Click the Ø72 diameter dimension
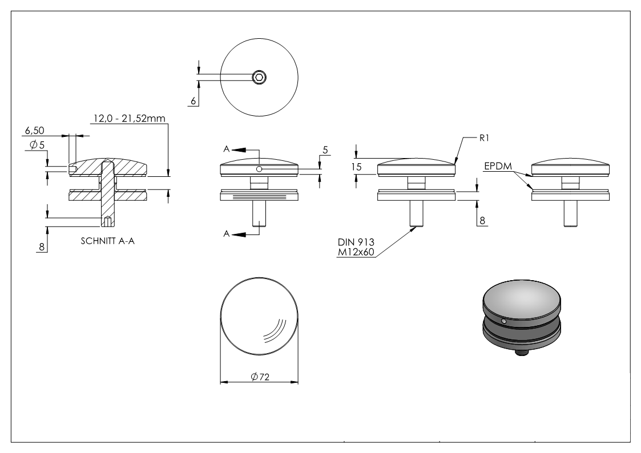click(x=260, y=376)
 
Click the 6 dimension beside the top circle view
click(x=192, y=100)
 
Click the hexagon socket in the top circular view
click(x=260, y=76)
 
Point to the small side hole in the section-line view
click(x=259, y=169)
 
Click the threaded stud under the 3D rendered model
click(x=521, y=353)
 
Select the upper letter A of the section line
click(x=226, y=149)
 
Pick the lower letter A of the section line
click(x=226, y=234)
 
